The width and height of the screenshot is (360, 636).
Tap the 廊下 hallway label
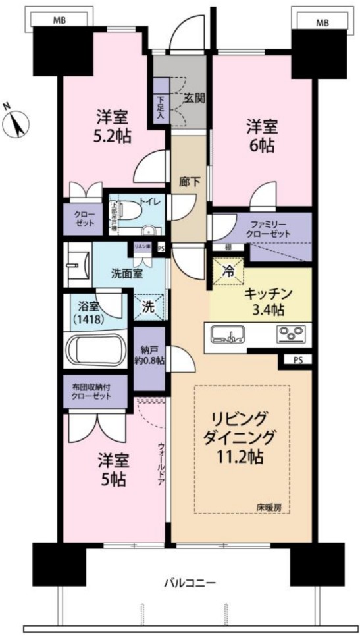tap(189, 182)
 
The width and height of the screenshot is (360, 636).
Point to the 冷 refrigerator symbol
tap(228, 270)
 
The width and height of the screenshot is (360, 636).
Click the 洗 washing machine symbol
tap(149, 307)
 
